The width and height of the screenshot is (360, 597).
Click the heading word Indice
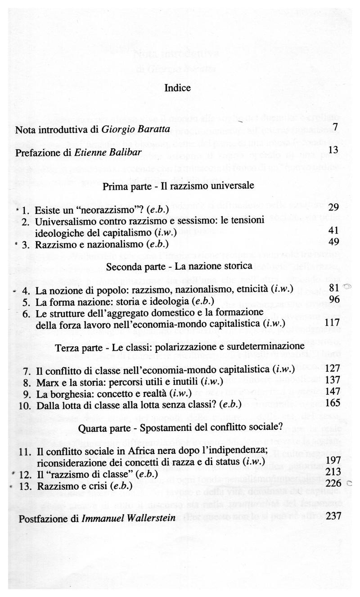coord(178,88)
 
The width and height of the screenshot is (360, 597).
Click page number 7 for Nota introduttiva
coord(335,127)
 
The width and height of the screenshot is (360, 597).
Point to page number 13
coord(333,149)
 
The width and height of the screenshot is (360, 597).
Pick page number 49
coord(333,243)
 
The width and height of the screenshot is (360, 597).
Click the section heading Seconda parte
coord(131,267)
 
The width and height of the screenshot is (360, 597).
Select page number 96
coord(333,299)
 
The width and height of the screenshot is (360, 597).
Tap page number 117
coord(331,323)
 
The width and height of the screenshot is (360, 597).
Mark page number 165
coord(331,403)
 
